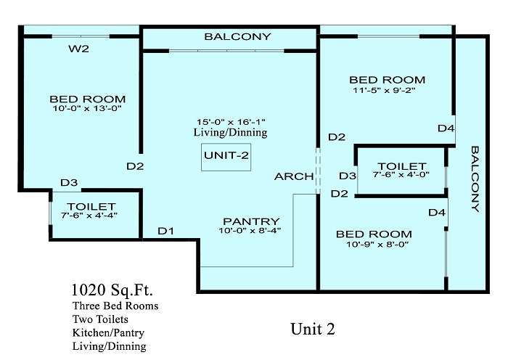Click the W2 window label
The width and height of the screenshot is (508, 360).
tap(78, 49)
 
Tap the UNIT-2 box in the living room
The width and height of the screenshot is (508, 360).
tap(226, 157)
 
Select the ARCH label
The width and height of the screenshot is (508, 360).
tap(294, 176)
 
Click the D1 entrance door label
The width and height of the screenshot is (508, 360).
tap(166, 231)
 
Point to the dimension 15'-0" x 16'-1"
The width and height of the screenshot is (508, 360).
tap(231, 122)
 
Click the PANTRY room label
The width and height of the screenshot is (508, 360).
tap(251, 221)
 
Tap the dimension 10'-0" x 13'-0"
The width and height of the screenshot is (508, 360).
tap(87, 108)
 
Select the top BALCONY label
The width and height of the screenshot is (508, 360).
tap(237, 36)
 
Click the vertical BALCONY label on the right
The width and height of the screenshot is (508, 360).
tap(475, 179)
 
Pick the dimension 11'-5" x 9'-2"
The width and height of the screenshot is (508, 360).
tap(384, 90)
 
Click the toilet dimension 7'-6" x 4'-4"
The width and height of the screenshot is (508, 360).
tap(89, 215)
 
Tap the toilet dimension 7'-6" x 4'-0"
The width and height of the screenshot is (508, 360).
tap(401, 174)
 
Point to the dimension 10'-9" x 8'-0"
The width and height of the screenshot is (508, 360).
tap(377, 244)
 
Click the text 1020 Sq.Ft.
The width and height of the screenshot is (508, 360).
tap(112, 290)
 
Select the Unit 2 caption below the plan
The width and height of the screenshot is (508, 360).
tap(313, 329)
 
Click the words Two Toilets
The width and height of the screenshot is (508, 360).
tap(100, 319)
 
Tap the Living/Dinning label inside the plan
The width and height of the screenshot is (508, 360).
tap(231, 132)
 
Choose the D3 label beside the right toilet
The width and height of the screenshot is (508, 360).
tap(348, 176)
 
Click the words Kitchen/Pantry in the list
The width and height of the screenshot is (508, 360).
tap(108, 332)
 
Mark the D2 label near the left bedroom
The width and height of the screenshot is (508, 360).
tap(135, 166)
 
